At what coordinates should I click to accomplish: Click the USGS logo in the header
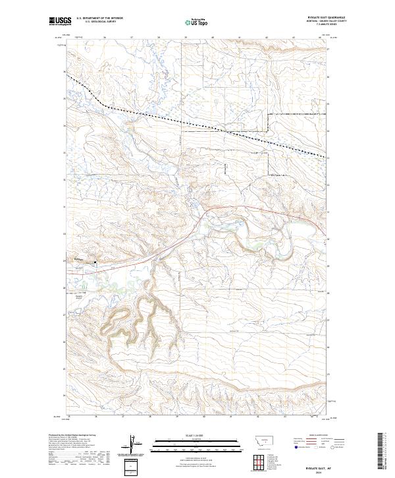click(59, 21)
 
